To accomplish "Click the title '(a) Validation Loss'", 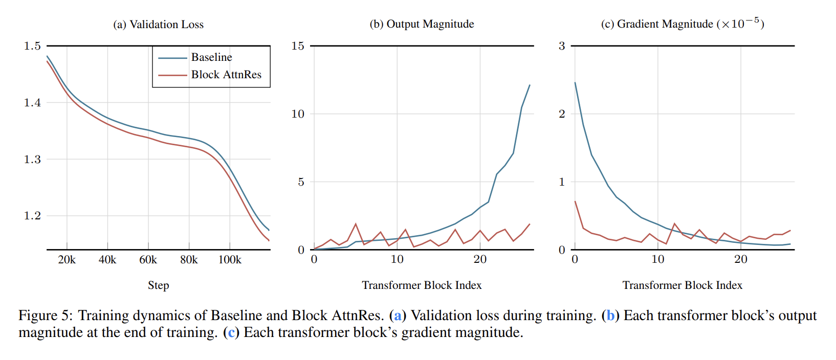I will coord(158,25).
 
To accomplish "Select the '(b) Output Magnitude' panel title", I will coord(422,24).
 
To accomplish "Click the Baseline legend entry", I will coord(211,57).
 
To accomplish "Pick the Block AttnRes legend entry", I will coord(226,75).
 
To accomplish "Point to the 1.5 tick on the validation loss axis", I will coord(32,46).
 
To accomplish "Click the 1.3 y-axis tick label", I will coord(32,160).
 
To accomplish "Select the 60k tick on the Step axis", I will coord(148,260).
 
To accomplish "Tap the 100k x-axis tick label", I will coord(230,260).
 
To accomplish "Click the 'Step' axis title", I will coord(158,285).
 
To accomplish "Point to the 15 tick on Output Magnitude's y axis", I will coord(298,46).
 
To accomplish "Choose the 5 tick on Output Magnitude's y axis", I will coord(301,182).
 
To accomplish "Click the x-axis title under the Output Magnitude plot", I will coord(422,285).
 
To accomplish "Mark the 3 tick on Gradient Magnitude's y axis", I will coord(562,46).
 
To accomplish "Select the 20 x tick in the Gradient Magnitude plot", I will coord(740,259).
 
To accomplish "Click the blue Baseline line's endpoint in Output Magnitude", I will coord(530,85).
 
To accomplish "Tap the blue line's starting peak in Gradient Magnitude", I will coord(575,82).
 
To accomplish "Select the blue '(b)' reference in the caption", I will coord(610,316).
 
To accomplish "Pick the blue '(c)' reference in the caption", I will coord(231,332).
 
